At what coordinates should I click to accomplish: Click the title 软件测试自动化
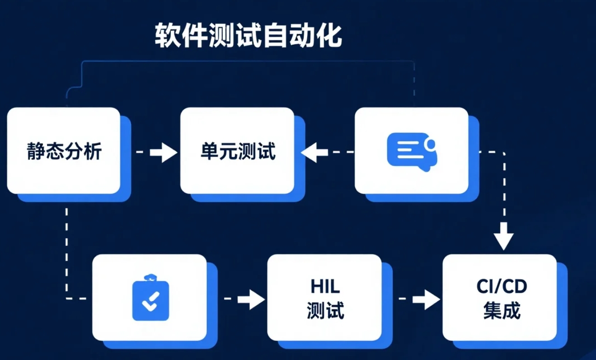coord(248,36)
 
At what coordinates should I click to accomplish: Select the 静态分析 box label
coord(64,151)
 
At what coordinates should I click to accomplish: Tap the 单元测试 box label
coord(238,151)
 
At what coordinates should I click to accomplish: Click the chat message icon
coord(412,152)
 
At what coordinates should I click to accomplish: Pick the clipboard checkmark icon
coord(150,297)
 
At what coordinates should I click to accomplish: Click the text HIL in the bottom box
coord(325,286)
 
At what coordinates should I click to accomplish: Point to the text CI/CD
coord(502,286)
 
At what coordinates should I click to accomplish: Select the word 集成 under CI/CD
coord(502,310)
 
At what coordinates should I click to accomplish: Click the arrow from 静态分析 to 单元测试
coord(157,153)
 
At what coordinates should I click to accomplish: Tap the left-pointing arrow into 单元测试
coord(327,152)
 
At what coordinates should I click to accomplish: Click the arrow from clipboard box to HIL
coord(244,299)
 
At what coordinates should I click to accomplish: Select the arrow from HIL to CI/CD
coord(419,299)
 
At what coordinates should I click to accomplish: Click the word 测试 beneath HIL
coord(325,310)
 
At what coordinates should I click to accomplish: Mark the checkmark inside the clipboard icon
coord(151,302)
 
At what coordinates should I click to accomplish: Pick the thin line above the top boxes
coord(248,61)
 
